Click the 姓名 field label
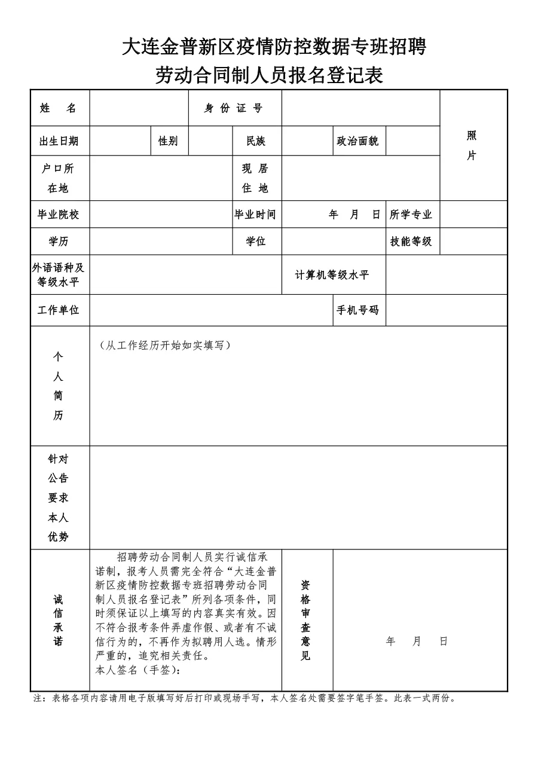[59, 108]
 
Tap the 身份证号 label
[234, 108]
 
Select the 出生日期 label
[59, 141]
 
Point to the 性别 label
[168, 141]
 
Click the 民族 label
[256, 141]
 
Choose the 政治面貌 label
[358, 141]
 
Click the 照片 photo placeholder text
[472, 145]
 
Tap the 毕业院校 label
[59, 215]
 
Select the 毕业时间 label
[255, 215]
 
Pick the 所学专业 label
[411, 215]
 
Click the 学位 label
[256, 242]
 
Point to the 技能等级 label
[411, 242]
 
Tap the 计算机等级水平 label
[332, 275]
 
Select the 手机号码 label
[358, 310]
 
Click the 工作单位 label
[59, 310]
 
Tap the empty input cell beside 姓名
[139, 108]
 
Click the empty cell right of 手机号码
[446, 310]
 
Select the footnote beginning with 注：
[245, 698]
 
